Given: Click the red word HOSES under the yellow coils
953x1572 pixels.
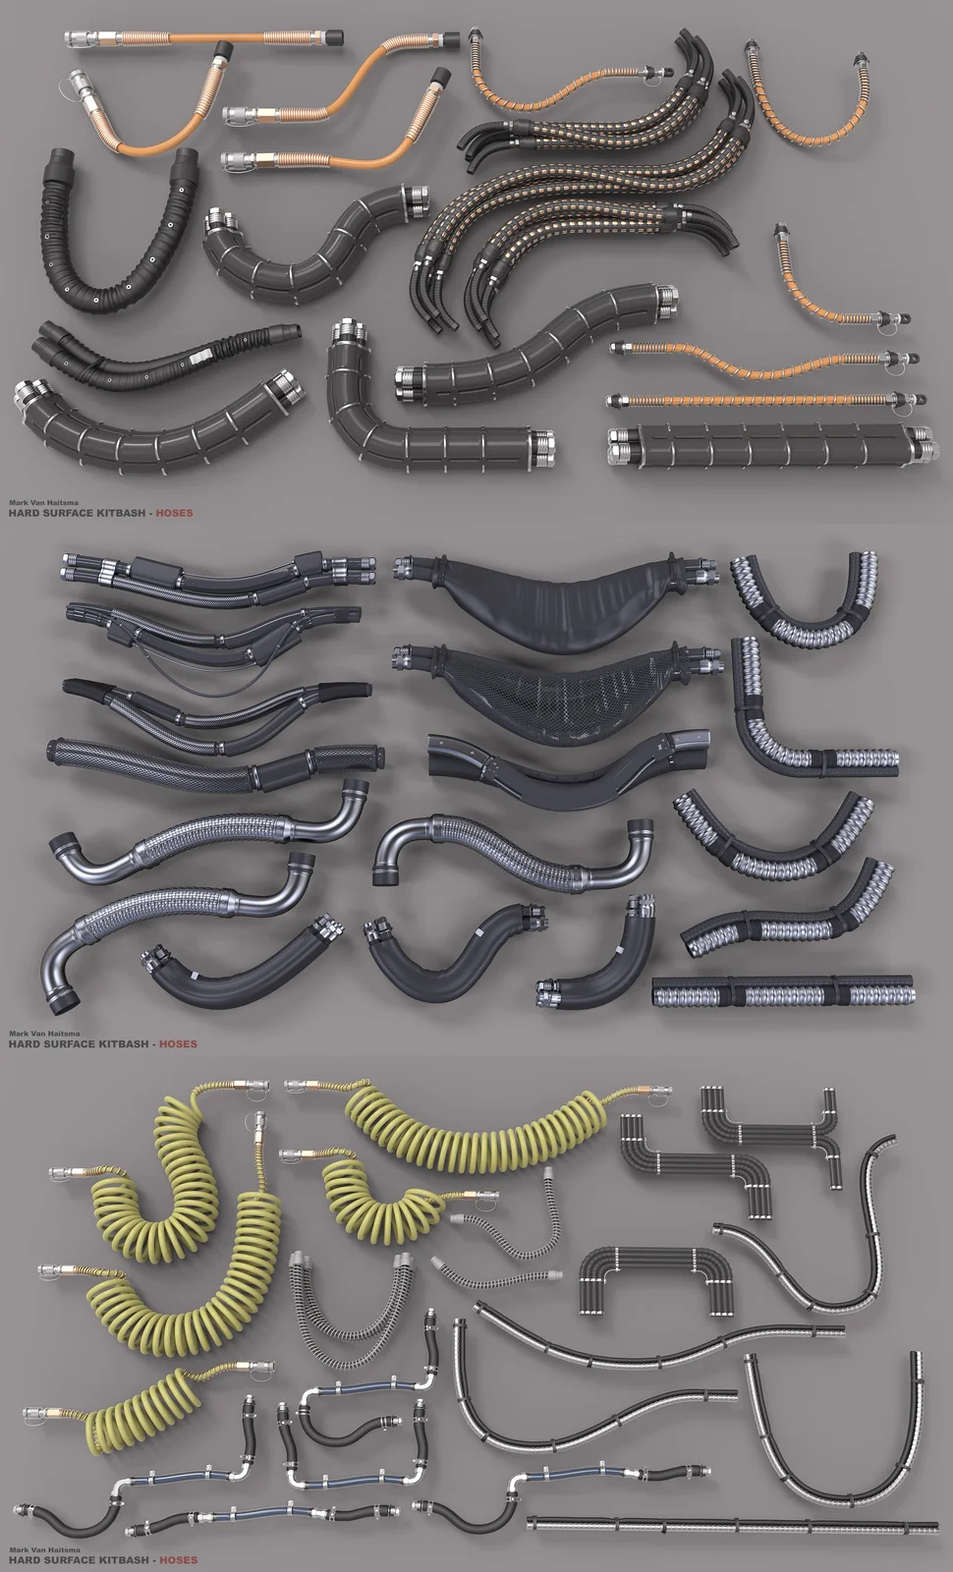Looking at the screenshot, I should click(178, 1560).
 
